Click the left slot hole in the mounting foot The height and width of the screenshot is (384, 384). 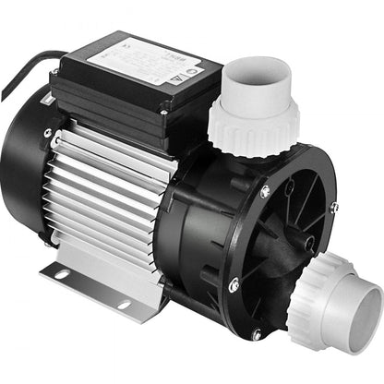point(63,274)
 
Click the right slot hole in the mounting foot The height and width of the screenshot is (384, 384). point(123,305)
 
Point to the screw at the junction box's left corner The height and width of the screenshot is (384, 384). point(56,73)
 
